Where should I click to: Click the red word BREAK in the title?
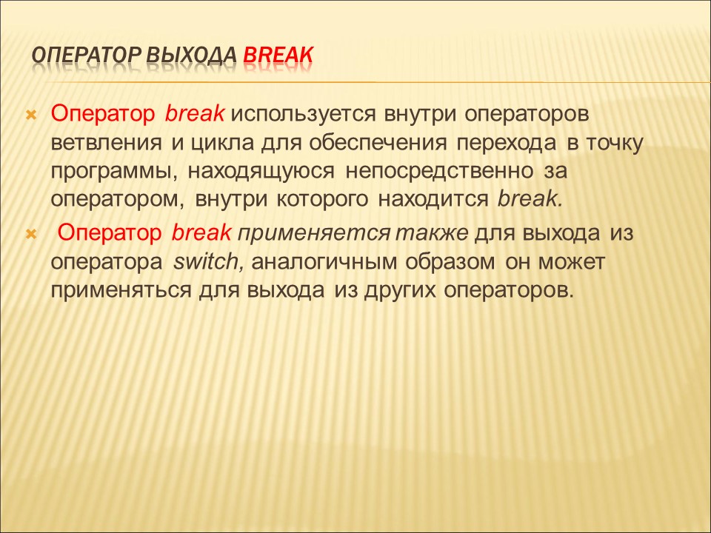coord(278,55)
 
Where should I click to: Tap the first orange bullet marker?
coord(31,115)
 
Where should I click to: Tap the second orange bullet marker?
coord(31,235)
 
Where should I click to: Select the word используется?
coord(304,115)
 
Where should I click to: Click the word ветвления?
coord(106,143)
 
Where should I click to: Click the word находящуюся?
coord(261,172)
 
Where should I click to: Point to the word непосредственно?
coord(439,172)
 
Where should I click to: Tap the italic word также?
coord(432,233)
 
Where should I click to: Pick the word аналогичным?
coord(324,262)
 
